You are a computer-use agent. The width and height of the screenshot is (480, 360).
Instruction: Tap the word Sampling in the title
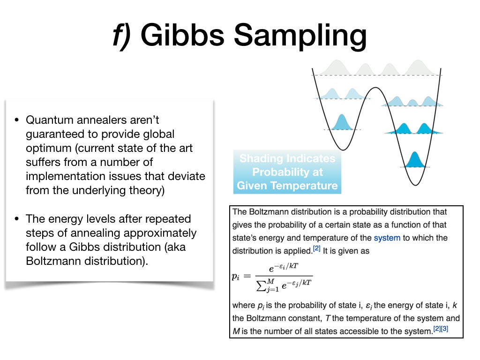click(x=300, y=37)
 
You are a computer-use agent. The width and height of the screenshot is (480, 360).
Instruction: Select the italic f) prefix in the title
click(x=122, y=36)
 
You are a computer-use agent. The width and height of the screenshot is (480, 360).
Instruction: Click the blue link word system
click(x=387, y=238)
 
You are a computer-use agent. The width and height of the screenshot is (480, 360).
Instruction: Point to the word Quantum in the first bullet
click(x=49, y=120)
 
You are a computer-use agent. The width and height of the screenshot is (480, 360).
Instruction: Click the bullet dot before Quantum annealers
click(x=16, y=120)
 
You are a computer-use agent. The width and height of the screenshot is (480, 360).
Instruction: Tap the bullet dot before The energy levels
click(x=16, y=218)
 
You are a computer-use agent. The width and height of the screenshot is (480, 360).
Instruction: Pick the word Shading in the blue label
click(x=261, y=158)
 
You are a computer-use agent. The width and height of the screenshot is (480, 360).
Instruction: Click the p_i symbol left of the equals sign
click(x=235, y=277)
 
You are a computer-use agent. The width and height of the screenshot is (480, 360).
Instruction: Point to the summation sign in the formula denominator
click(x=261, y=286)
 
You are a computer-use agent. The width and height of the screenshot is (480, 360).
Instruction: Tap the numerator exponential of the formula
click(x=283, y=267)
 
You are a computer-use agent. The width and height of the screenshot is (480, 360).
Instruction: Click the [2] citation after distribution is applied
click(x=316, y=248)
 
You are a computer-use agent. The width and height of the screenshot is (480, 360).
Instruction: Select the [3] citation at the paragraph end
click(x=444, y=329)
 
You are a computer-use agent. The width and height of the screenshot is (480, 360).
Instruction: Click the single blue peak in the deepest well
click(x=414, y=160)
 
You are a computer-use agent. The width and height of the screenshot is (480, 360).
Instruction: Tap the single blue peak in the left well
click(x=342, y=122)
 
